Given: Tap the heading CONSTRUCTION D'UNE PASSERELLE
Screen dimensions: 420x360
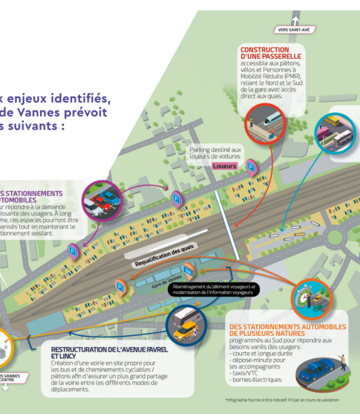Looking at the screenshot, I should pyautogui.click(x=265, y=53).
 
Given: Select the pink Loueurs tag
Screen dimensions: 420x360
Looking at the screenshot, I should pyautogui.click(x=224, y=166).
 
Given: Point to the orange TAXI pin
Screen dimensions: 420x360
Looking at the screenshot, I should pyautogui.click(x=189, y=270).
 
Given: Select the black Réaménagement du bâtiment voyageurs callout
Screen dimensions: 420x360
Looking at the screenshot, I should pyautogui.click(x=215, y=289).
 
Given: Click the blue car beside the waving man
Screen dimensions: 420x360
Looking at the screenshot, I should pyautogui.click(x=316, y=367).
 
